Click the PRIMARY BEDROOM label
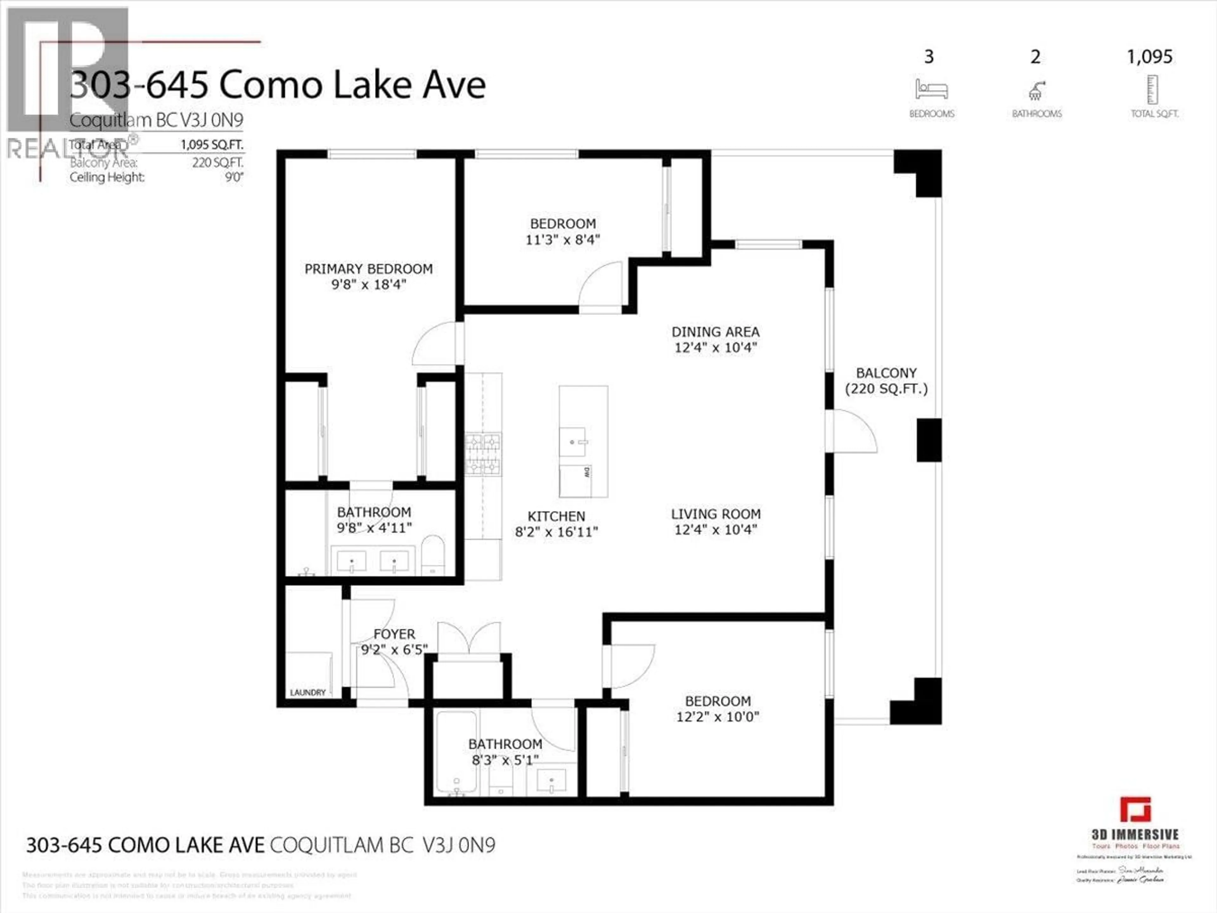368,269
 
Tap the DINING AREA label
715,332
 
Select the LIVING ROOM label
715,514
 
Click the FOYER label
394,634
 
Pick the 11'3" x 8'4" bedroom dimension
562,239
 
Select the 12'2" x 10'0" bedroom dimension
718,716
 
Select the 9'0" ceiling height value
234,177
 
